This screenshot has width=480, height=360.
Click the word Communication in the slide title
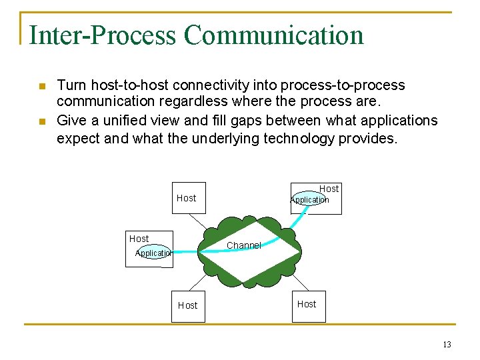tap(274, 35)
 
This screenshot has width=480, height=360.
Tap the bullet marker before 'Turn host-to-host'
tap(41, 87)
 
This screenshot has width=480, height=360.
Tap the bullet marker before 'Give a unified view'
tap(41, 121)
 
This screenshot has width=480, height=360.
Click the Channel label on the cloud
tap(243, 245)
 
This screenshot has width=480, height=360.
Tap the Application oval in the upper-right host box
tap(309, 200)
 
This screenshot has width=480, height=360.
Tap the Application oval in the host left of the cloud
tap(153, 253)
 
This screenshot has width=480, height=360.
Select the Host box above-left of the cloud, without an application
tap(189, 198)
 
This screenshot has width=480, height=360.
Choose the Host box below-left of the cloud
tap(188, 306)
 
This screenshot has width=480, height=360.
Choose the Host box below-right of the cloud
tap(309, 305)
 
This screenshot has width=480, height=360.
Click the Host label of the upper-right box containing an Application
tap(329, 189)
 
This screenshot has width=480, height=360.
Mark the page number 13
tap(446, 345)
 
